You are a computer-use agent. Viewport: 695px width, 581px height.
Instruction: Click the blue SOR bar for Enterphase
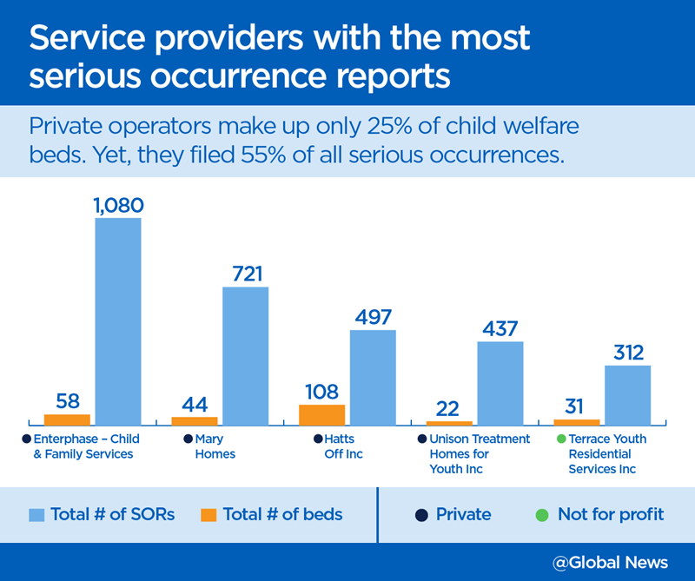[118, 321]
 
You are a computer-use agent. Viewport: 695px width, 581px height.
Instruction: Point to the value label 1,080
[117, 206]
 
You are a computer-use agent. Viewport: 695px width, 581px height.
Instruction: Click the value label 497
[373, 317]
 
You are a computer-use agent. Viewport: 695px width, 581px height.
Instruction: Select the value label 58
[67, 402]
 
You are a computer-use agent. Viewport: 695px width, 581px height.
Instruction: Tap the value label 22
[448, 408]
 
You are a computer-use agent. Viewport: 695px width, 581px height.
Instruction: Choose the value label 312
[627, 353]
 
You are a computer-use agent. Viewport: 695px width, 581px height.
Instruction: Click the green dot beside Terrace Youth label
[560, 439]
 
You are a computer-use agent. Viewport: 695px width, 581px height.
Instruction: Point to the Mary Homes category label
[215, 446]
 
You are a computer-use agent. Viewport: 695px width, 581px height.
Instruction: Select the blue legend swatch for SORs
[36, 514]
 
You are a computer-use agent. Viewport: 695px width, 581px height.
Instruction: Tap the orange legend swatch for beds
[207, 514]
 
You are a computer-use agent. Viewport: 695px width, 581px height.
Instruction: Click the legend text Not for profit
[611, 514]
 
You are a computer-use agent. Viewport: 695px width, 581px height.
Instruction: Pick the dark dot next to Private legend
[420, 514]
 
